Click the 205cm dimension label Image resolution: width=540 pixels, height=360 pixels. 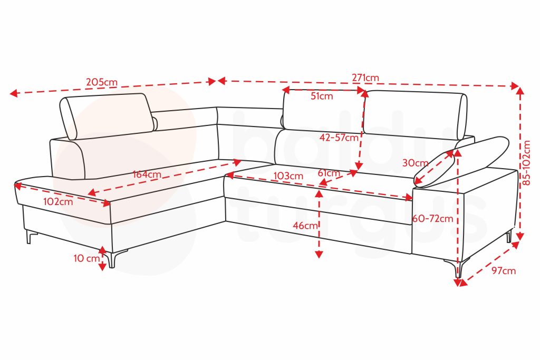coord(102,82)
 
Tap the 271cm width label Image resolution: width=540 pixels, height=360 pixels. coord(365,78)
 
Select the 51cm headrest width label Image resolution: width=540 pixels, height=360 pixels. coord(322,96)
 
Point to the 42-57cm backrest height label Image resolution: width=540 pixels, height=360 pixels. coord(339,138)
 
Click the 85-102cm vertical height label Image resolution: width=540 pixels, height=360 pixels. coord(527,163)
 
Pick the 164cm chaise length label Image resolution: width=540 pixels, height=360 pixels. coord(147,174)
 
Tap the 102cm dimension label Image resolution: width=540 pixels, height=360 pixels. coord(58,202)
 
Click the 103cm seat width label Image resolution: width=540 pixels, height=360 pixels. coord(288,176)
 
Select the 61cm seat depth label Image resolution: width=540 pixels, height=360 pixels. coord(329,173)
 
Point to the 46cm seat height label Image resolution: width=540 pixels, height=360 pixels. coord(305,226)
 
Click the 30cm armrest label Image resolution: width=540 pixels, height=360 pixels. coord(416,163)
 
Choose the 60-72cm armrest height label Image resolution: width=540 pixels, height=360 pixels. coord(432,219)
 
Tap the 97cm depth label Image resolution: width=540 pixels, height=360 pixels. coord(504,271)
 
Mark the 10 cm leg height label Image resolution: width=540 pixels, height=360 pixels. coord(86,258)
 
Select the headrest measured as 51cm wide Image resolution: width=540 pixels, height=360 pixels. coord(323,110)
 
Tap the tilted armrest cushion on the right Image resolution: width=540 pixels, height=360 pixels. coord(461,161)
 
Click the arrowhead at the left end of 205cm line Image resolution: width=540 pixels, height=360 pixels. coord(14,93)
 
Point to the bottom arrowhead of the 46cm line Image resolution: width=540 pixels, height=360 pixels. coord(319,255)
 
